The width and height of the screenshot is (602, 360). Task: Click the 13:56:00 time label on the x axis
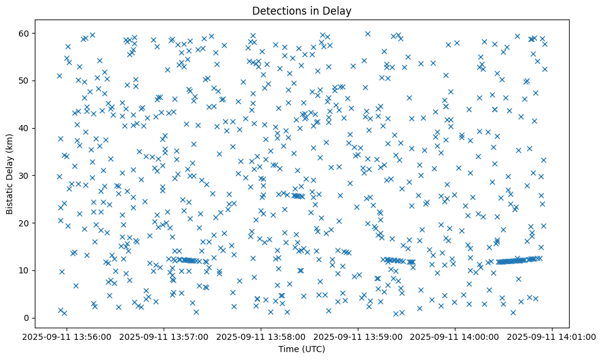click(x=67, y=336)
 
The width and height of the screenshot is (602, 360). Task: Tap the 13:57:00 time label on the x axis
click(x=164, y=336)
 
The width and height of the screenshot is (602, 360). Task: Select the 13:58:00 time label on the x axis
click(x=261, y=336)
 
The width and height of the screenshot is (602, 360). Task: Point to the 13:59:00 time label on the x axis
click(x=358, y=336)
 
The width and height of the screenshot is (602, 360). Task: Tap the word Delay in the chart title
click(x=339, y=10)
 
